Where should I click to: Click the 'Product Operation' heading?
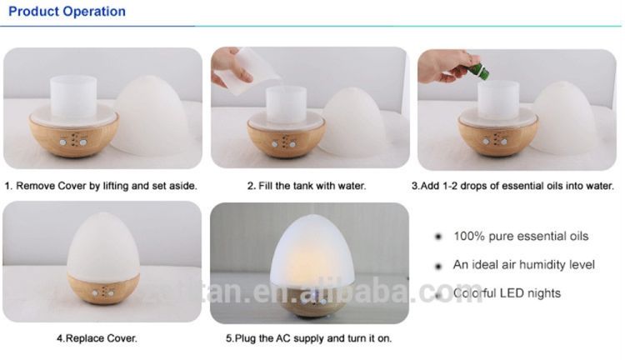(67, 12)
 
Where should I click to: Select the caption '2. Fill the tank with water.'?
(307, 186)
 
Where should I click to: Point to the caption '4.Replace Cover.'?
(97, 338)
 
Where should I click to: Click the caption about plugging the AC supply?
(309, 338)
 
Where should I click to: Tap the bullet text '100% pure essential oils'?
(521, 236)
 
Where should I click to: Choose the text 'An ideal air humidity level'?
(524, 265)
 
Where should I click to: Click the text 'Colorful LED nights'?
(507, 293)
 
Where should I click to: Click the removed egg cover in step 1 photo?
(152, 116)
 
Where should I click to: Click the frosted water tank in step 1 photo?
(73, 96)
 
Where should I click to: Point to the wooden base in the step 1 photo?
(73, 136)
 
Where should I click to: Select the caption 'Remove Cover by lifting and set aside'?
(101, 186)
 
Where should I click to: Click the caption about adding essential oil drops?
(512, 186)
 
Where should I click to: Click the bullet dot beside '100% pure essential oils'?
(438, 237)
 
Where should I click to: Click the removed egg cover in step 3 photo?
(565, 118)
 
